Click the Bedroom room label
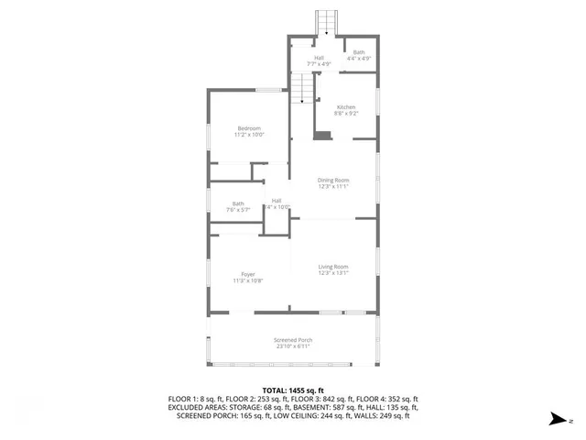249,128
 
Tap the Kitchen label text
346,107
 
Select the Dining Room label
334,180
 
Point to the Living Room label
334,267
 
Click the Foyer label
248,274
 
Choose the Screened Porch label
293,340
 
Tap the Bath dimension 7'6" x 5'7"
238,210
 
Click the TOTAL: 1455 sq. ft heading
293,390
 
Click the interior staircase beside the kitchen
302,89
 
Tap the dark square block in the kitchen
321,136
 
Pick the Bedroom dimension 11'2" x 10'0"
250,135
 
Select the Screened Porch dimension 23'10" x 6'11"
293,346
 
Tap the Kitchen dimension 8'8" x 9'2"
346,114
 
